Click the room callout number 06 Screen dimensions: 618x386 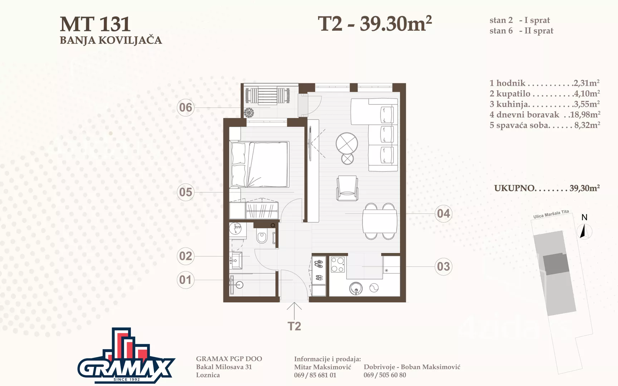pos(186,108)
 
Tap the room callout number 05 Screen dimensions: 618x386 pos(186,192)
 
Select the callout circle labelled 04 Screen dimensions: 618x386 pos(443,214)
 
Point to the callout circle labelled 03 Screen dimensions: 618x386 pos(443,267)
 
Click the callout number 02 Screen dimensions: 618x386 pos(186,256)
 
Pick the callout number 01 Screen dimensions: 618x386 pos(186,280)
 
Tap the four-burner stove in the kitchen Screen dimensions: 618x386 pos(338,264)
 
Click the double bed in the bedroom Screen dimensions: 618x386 pos(259,164)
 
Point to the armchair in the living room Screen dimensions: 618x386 pos(347,188)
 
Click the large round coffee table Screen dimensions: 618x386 pos(347,144)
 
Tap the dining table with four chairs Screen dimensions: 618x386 pos(380,221)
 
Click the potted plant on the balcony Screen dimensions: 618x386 pos(249,113)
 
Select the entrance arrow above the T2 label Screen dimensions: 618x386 pos(294,311)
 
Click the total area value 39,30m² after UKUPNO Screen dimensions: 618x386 pos(585,188)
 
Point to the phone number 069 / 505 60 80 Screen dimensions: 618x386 pos(385,375)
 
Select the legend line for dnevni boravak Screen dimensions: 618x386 pos(545,115)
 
